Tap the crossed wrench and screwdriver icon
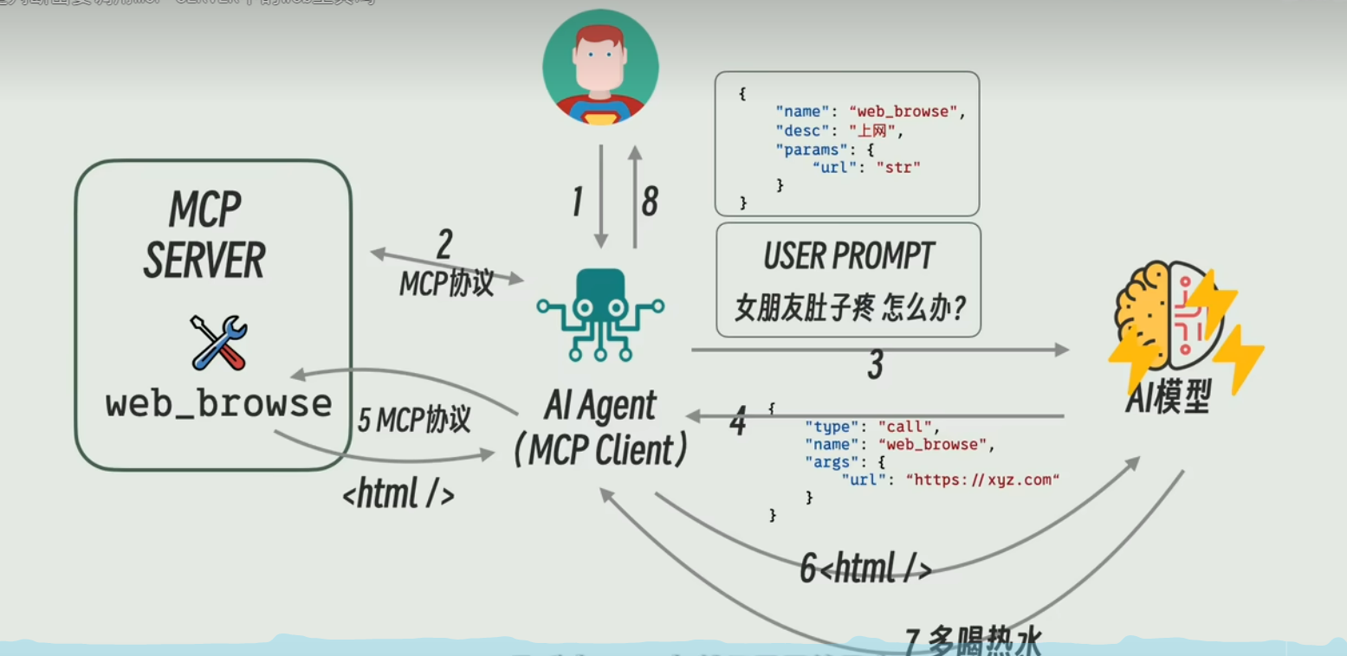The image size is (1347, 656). (x=218, y=343)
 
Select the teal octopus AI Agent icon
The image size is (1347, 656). (x=599, y=313)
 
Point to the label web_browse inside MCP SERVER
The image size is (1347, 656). (x=218, y=404)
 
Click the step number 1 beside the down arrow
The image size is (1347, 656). (x=577, y=202)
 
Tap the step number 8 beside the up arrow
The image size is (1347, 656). (x=649, y=202)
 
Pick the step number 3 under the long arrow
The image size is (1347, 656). (x=875, y=367)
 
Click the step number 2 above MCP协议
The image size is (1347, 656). (x=444, y=245)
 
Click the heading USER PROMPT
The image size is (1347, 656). (x=848, y=256)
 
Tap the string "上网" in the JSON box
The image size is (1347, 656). (x=876, y=131)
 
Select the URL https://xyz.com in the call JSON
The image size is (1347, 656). (x=982, y=479)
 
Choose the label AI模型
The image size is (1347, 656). (x=1167, y=399)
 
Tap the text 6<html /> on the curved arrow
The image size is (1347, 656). (x=865, y=569)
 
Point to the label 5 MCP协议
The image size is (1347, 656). (x=414, y=421)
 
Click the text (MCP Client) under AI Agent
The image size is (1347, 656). (x=600, y=450)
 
